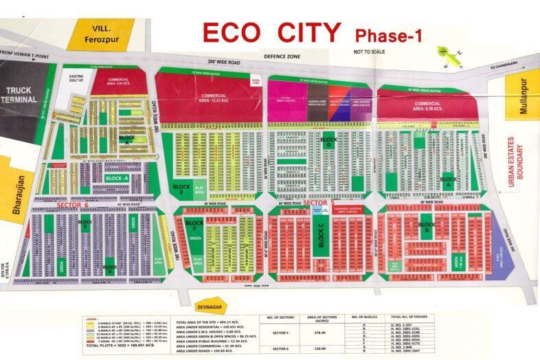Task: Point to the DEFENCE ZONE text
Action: click(x=284, y=56)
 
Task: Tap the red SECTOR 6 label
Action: click(x=73, y=205)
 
